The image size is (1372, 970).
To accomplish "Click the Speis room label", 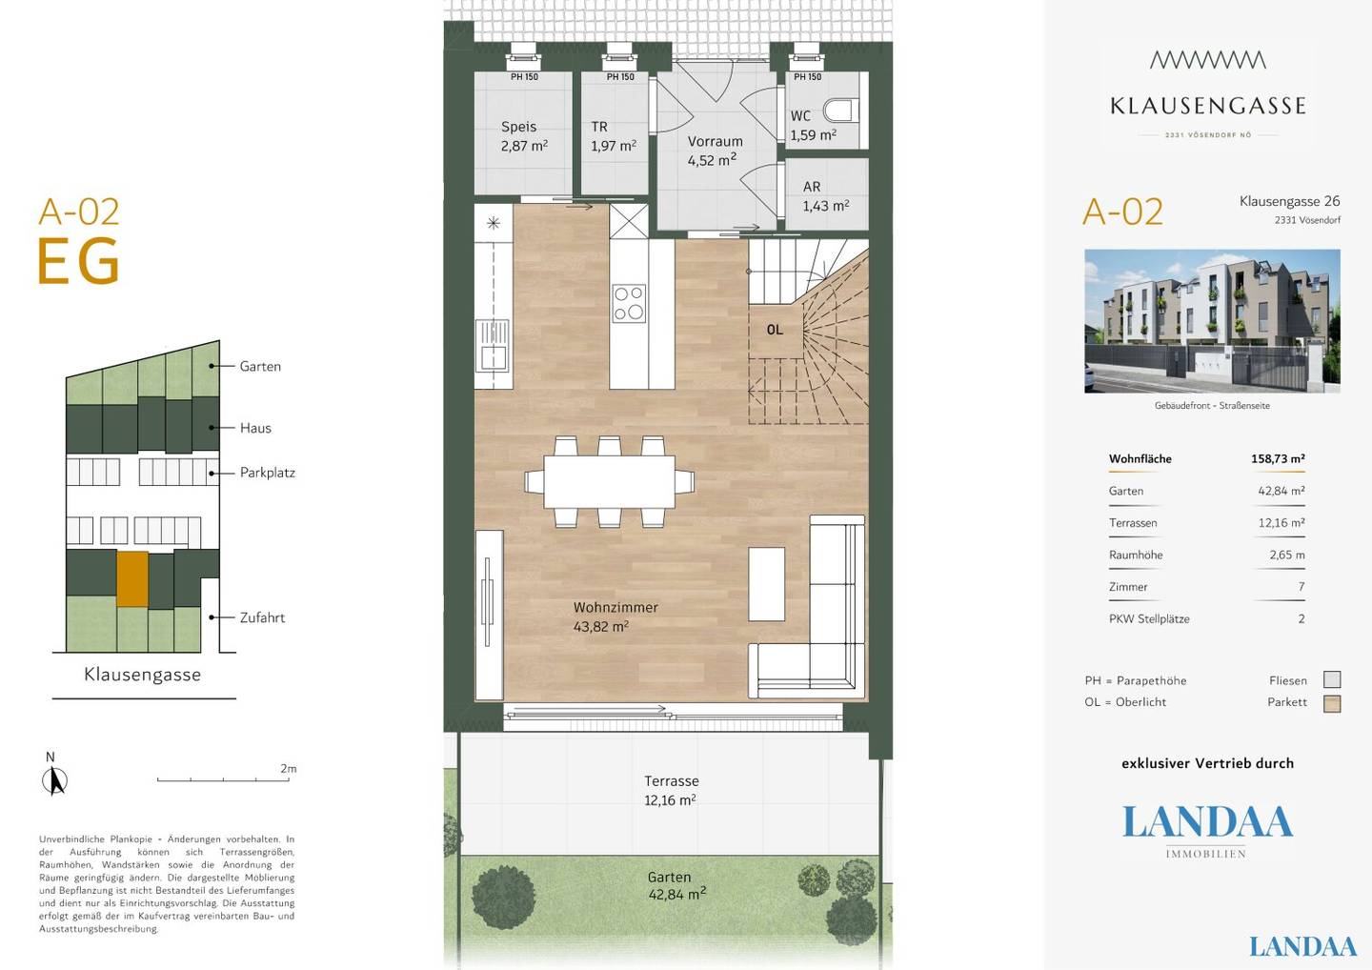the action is (x=518, y=127).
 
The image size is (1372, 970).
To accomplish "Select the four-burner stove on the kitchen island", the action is (x=629, y=302).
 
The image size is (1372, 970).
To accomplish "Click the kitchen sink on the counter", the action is (x=494, y=345).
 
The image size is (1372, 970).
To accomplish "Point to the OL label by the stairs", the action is (x=775, y=330).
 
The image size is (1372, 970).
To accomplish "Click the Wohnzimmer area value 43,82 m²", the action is (x=601, y=626).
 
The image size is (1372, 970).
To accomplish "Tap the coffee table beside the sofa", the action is (x=766, y=584).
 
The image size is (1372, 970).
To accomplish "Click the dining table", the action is (x=610, y=481).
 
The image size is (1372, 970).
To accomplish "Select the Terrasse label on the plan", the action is (x=672, y=780).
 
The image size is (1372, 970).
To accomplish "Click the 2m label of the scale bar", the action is (x=289, y=769).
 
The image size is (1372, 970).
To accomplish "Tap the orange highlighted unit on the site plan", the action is (x=132, y=578).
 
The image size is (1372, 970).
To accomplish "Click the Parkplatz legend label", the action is (x=268, y=473).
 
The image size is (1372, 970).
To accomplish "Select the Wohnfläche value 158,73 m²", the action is (x=1278, y=458).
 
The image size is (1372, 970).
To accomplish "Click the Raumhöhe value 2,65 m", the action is (x=1287, y=555).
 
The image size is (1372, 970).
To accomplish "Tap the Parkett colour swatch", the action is (x=1332, y=703).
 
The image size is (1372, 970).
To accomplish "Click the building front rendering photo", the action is (x=1212, y=321).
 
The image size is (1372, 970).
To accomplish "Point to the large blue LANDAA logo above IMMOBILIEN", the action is (x=1207, y=821).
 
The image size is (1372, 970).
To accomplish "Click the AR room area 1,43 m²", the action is (x=826, y=206).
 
